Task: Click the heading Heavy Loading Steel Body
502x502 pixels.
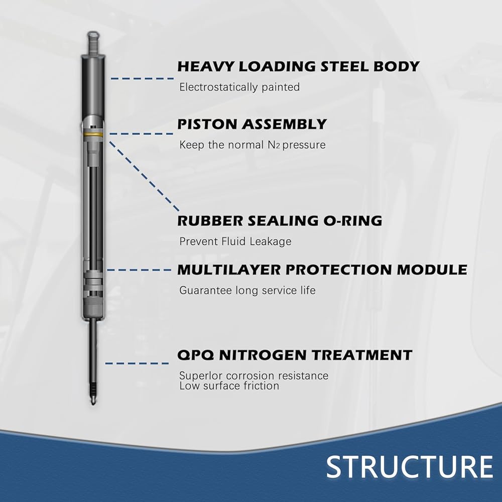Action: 298,66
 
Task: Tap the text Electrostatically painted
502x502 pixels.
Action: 239,87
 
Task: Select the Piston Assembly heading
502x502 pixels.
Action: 252,124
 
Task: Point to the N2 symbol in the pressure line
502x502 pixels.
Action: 274,145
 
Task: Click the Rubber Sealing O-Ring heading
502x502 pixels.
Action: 280,220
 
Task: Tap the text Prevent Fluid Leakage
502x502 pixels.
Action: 235,241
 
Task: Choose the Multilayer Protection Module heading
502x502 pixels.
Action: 322,270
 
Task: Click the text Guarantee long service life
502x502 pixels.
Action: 247,290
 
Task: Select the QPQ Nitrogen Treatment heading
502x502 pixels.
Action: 295,355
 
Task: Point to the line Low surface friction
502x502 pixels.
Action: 229,386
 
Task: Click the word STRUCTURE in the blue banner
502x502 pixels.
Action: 410,467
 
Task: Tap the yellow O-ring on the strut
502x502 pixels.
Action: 93,135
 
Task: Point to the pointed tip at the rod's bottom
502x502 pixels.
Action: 92,403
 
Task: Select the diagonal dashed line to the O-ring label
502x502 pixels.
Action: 144,176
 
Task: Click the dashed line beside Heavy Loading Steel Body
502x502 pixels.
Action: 142,78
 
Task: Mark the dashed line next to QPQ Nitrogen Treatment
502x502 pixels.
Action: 137,363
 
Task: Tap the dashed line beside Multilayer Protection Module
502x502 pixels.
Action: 139,270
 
